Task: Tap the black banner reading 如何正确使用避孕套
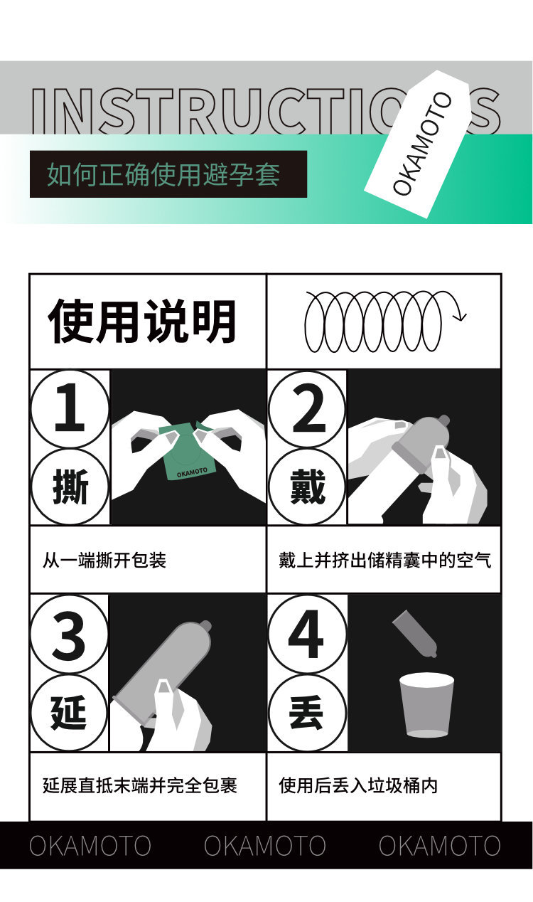point(168,174)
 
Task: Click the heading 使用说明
point(142,322)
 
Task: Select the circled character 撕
point(70,487)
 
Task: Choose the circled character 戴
point(307,487)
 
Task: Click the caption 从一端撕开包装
point(104,561)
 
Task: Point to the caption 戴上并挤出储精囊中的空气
point(384,561)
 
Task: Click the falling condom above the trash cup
point(415,633)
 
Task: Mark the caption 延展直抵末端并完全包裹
point(140,785)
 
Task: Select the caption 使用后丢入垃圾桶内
point(358,785)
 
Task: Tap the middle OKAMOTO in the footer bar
point(265,846)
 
